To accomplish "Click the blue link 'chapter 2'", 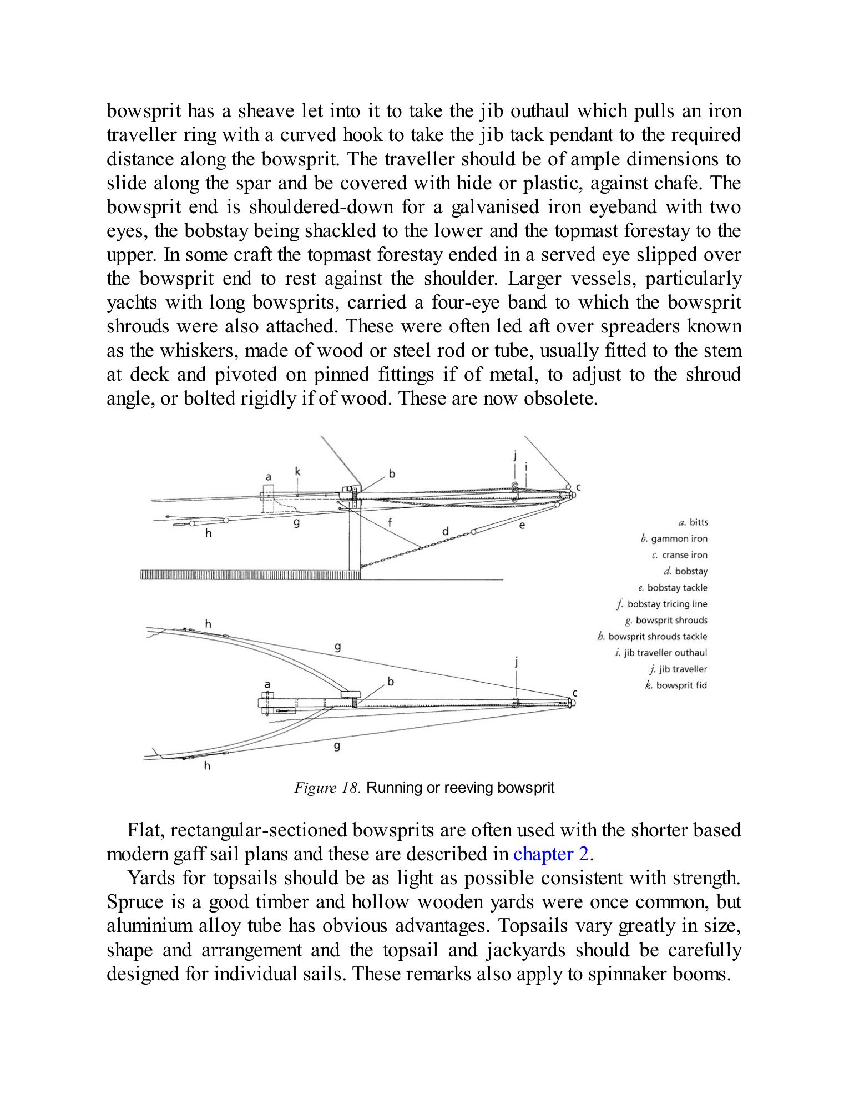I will [550, 854].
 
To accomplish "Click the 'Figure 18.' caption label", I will [327, 788].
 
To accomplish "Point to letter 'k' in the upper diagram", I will [297, 472].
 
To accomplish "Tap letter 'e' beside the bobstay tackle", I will [522, 525].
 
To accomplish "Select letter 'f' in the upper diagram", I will [390, 522].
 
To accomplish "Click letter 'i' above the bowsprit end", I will [525, 467].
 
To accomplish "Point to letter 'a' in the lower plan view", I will [267, 685].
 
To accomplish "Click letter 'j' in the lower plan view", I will [517, 662].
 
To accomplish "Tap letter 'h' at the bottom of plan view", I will [207, 767].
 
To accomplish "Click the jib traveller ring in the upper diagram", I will [514, 492].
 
